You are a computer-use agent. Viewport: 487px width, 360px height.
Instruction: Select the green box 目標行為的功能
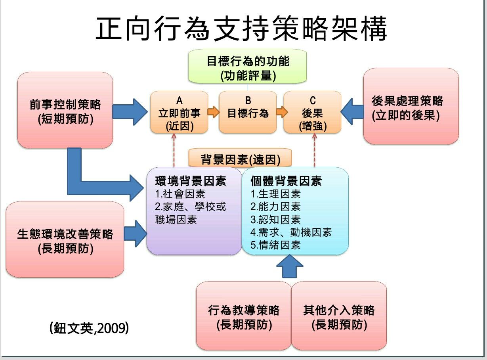248,67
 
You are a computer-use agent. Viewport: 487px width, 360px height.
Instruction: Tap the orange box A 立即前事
179,113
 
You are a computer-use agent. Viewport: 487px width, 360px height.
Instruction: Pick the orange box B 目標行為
248,113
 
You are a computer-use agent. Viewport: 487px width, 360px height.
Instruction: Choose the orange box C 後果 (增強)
312,113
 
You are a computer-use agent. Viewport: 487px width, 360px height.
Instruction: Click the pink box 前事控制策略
65,111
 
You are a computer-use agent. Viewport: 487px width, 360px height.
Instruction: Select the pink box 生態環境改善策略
65,239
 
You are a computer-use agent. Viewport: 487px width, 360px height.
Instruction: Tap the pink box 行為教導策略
244,316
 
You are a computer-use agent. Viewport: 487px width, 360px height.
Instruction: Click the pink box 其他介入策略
339,316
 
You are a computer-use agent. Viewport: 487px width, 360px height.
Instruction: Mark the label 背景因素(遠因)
240,159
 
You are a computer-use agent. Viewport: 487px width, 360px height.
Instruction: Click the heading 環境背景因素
191,181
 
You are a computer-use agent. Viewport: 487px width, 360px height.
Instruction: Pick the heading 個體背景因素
286,181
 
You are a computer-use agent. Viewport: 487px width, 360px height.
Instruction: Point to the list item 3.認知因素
275,219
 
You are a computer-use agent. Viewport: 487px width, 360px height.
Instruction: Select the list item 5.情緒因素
275,245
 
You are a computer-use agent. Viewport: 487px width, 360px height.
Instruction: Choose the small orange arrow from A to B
213,113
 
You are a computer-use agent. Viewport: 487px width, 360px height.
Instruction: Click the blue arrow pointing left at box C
352,112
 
